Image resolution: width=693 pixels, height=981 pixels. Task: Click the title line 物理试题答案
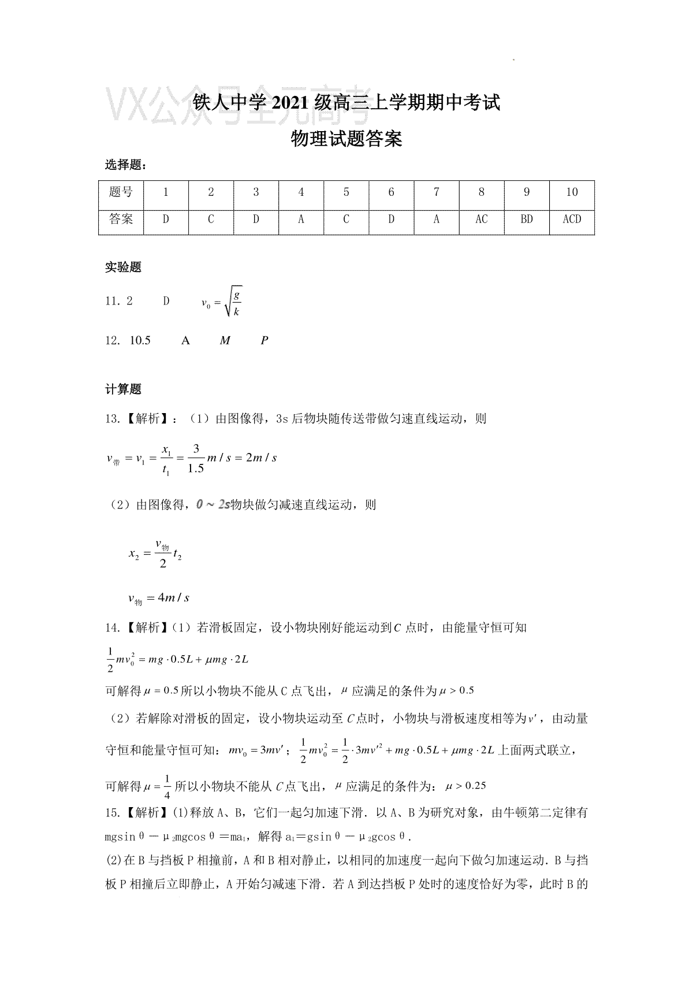(x=346, y=139)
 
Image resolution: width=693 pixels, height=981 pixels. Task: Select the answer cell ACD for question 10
(x=571, y=220)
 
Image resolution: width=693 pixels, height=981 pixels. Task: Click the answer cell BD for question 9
(x=526, y=220)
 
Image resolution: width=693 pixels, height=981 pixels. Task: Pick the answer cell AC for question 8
(x=481, y=220)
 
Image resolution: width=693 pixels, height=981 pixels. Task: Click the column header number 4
(x=301, y=192)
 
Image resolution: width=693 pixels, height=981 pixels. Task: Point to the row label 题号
(x=121, y=192)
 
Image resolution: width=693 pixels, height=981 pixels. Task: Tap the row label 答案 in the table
(x=121, y=220)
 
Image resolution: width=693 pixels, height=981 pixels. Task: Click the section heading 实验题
(x=123, y=267)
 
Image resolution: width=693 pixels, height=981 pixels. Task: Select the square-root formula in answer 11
(x=222, y=302)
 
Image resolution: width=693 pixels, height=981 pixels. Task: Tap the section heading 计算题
(x=123, y=389)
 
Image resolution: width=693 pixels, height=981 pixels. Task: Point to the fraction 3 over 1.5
(x=196, y=458)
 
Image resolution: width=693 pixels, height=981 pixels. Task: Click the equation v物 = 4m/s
(x=159, y=599)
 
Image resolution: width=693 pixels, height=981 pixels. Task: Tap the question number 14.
(x=111, y=627)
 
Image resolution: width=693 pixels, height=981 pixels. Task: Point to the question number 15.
(x=111, y=813)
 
